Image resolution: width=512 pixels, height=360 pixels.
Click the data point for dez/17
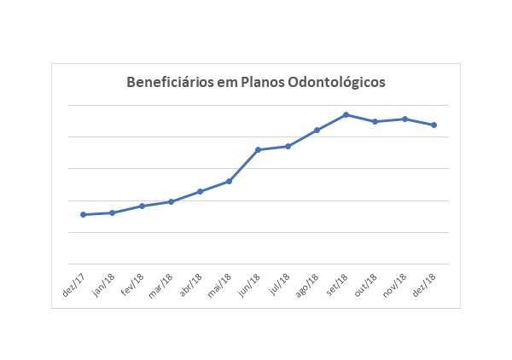tap(83, 214)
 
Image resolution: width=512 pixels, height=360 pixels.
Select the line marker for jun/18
tap(258, 150)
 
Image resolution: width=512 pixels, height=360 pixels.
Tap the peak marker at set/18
tap(346, 114)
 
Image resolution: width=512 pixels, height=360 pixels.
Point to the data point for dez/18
tap(434, 125)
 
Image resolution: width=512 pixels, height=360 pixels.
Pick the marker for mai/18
tap(229, 181)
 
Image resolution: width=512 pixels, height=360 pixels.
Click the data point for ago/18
tap(317, 130)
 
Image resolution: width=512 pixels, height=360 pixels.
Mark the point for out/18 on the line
tap(375, 122)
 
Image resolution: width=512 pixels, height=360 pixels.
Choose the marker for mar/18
tap(171, 201)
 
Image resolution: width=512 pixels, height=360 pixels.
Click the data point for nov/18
tap(404, 119)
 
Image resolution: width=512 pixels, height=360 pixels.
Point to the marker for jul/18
tap(288, 147)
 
